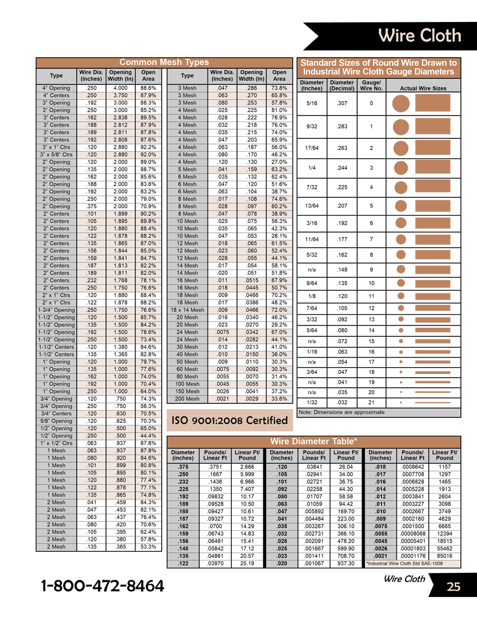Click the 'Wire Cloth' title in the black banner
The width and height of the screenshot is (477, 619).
click(x=419, y=36)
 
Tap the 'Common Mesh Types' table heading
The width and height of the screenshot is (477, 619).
click(x=164, y=62)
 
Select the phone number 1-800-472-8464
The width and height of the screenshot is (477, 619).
click(x=103, y=586)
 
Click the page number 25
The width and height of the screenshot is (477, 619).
click(x=453, y=587)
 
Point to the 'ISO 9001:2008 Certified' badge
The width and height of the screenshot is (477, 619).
click(x=229, y=421)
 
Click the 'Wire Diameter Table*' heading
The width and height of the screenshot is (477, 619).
click(x=313, y=442)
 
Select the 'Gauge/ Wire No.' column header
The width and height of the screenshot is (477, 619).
click(x=371, y=85)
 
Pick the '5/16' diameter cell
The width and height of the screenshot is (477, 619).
click(x=312, y=103)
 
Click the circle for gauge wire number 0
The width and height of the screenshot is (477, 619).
click(x=401, y=103)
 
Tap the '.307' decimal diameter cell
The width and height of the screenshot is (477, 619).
click(x=342, y=103)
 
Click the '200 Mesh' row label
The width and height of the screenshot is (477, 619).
click(x=187, y=399)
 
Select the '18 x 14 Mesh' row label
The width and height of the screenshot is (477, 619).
click(x=187, y=310)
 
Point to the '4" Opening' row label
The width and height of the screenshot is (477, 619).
click(x=56, y=88)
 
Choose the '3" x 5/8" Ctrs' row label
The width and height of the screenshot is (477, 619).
click(x=56, y=155)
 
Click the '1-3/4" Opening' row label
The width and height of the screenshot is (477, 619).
click(x=56, y=310)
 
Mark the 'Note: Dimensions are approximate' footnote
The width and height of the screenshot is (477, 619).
click(x=342, y=413)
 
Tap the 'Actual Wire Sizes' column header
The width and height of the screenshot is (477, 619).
click(x=423, y=88)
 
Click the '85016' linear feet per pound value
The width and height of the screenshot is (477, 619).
click(x=444, y=556)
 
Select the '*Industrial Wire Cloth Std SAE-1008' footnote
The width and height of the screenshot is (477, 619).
click(x=404, y=564)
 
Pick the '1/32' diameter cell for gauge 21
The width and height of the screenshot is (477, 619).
click(x=312, y=402)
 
